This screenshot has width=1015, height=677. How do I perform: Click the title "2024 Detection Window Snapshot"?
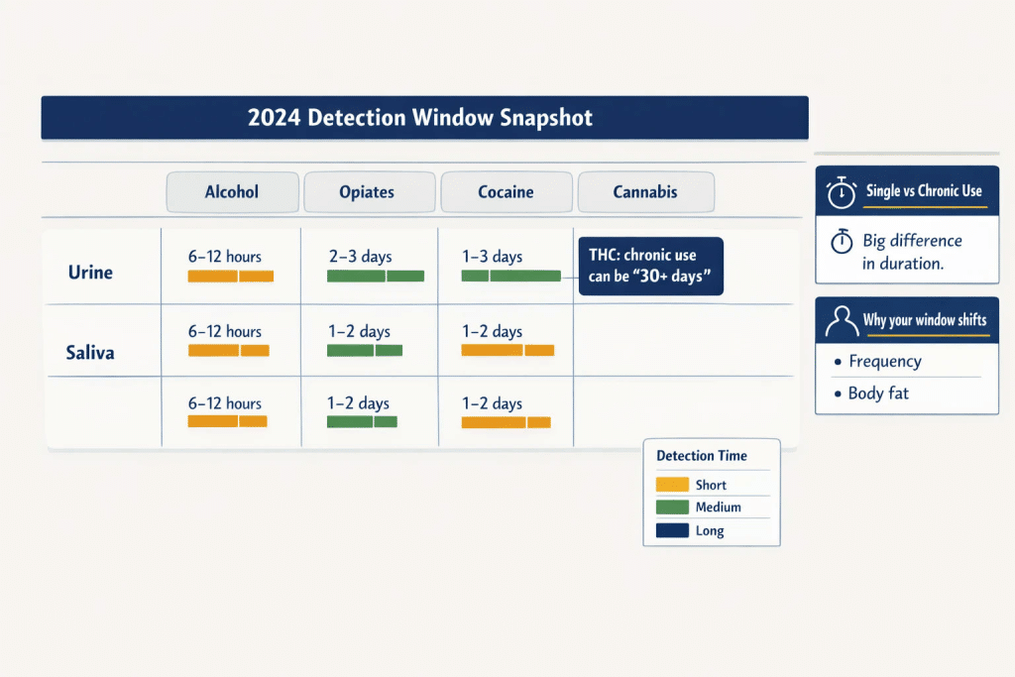point(420,118)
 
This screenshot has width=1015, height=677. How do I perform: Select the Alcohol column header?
point(232,192)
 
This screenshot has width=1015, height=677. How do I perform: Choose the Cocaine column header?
point(507,192)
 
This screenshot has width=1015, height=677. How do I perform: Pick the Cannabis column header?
point(646,192)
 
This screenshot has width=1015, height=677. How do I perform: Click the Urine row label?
point(90,273)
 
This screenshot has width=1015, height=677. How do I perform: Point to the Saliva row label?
point(90,353)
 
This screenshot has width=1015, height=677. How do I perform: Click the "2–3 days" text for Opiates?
point(361,257)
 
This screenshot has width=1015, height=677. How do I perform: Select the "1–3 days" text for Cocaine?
point(492,257)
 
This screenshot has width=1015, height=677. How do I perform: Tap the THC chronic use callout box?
point(650,266)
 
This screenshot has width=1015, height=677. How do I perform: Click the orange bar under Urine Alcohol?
point(230,277)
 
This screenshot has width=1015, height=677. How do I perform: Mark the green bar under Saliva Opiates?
point(365,351)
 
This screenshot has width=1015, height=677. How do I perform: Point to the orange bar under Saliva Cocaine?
point(507,351)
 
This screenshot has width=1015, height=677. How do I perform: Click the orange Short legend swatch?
point(672,484)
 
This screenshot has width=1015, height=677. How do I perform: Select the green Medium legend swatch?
point(672,507)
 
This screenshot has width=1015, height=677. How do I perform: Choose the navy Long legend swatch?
point(672,530)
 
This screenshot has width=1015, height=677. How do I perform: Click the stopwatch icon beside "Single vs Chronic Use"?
point(842,192)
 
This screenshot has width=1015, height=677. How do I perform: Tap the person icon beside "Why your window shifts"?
point(842,320)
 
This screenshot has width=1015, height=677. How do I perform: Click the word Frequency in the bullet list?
point(885,361)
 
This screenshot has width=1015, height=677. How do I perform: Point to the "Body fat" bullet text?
point(878,394)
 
